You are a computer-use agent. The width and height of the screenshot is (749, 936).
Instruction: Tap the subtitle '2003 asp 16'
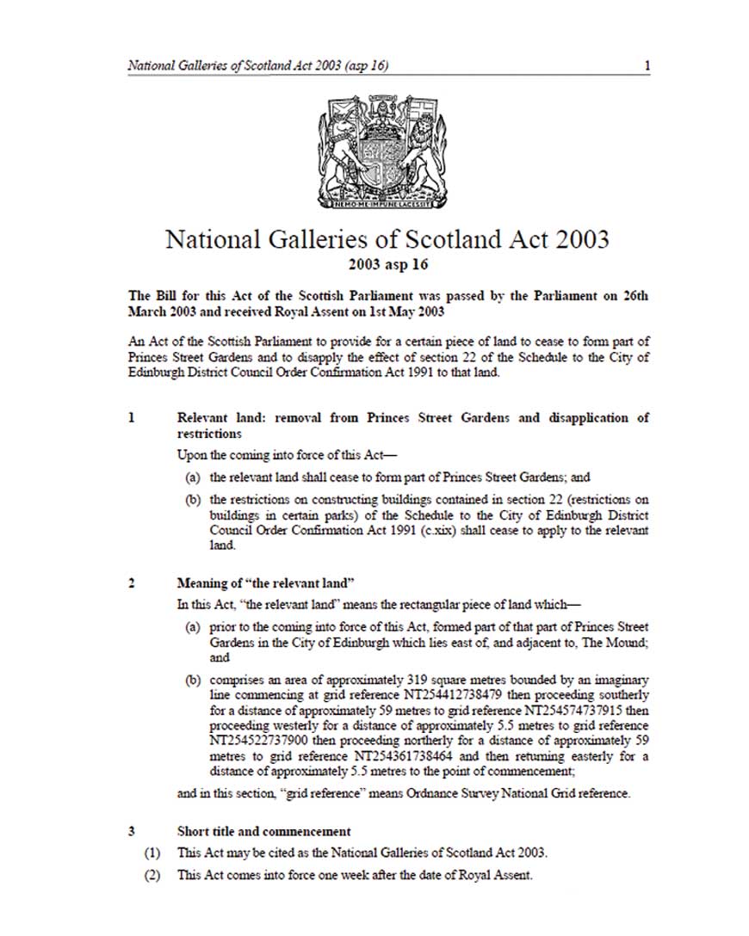[x=387, y=263]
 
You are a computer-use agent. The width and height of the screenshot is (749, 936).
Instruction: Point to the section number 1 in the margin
[x=132, y=418]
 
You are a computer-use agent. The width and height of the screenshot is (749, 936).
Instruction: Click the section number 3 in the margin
[x=132, y=832]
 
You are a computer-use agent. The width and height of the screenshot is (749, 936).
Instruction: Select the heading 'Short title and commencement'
[x=263, y=832]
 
